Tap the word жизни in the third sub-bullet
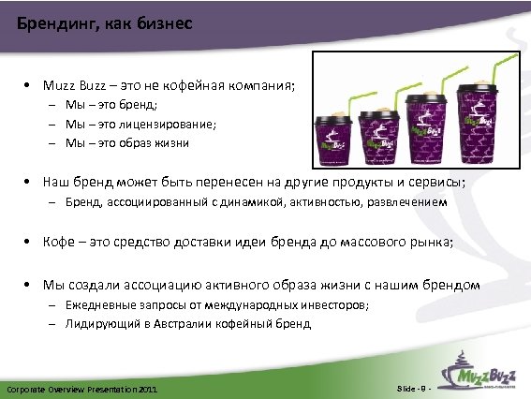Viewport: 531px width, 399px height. (x=174, y=143)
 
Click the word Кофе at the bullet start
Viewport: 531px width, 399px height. (x=58, y=242)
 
